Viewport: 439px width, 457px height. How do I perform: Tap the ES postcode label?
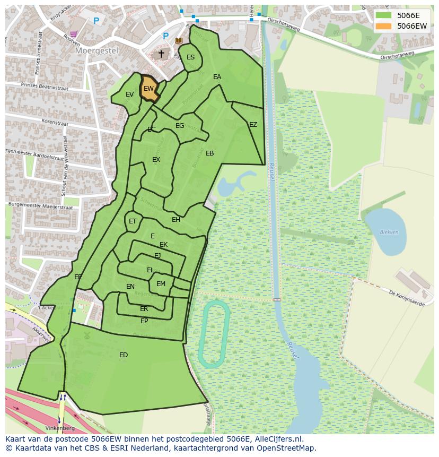(x=190, y=57)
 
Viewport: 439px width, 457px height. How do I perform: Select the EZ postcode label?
(x=253, y=125)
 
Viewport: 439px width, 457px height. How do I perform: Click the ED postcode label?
(x=124, y=355)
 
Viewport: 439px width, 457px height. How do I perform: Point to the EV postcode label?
(x=129, y=94)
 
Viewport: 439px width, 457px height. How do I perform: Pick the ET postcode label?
(x=133, y=221)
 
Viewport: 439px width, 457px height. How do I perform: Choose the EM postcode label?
(x=161, y=284)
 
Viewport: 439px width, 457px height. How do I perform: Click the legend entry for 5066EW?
(x=411, y=26)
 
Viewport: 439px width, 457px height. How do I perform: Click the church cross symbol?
(x=161, y=54)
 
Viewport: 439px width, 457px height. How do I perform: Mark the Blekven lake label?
(x=389, y=232)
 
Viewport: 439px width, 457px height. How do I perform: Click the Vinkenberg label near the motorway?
(x=60, y=428)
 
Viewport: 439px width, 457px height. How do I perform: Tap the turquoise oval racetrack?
(x=213, y=334)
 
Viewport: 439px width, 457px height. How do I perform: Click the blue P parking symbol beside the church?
(x=165, y=36)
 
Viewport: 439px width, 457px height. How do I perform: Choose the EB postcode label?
(x=209, y=153)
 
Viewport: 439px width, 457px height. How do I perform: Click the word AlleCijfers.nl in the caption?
(x=277, y=439)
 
